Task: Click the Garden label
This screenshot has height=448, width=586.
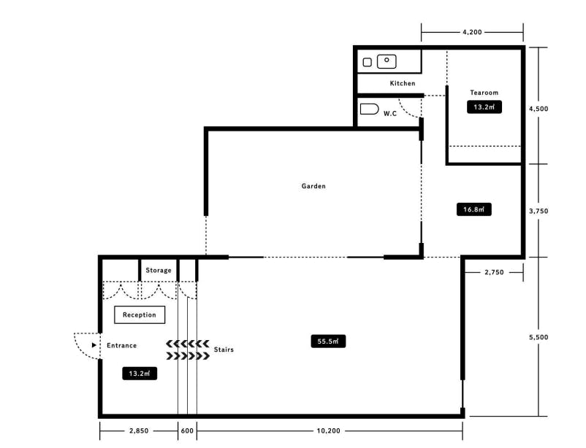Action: click(x=313, y=186)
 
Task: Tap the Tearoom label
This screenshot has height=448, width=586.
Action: click(x=484, y=92)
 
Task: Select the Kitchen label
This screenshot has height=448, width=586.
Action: click(x=403, y=83)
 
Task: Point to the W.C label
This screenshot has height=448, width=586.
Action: click(x=389, y=114)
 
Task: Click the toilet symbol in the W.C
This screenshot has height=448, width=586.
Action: click(x=369, y=109)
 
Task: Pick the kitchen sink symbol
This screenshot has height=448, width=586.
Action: click(x=387, y=61)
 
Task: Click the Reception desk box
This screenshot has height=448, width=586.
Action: click(x=140, y=314)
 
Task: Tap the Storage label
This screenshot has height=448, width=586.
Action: click(x=159, y=270)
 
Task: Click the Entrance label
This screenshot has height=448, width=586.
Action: click(x=121, y=345)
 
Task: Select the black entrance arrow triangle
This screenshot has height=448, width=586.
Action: click(x=94, y=345)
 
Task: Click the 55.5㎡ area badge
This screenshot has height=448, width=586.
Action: click(x=328, y=341)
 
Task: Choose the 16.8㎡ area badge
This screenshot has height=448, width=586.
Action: click(x=474, y=209)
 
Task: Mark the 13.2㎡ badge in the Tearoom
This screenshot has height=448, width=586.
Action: click(x=484, y=107)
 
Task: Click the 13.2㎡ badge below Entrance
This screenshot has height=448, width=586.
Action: click(x=140, y=374)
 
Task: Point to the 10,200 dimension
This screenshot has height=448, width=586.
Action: click(x=329, y=430)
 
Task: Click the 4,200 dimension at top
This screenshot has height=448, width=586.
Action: click(x=472, y=32)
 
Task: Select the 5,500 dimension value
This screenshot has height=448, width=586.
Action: click(x=539, y=337)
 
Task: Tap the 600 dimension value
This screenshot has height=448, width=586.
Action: click(x=187, y=430)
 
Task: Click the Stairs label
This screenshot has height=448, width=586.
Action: click(x=224, y=349)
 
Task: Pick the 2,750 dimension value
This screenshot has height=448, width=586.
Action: click(x=494, y=272)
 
